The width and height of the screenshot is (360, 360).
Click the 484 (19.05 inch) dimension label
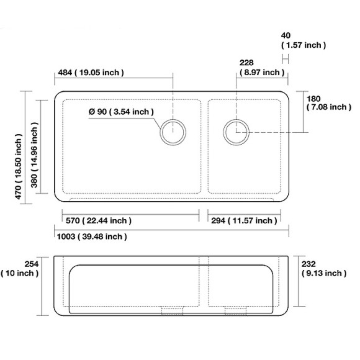(x=91, y=73)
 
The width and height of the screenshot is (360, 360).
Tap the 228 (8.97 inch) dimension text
(x=262, y=68)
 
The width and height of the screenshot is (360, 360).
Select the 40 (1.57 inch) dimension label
(x=304, y=40)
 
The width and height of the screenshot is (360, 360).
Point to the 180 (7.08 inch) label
(x=329, y=103)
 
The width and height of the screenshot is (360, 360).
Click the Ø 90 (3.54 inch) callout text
(x=121, y=112)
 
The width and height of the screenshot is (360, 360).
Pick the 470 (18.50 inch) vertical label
(x=19, y=167)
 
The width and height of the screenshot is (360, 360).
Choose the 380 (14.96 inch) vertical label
(x=34, y=155)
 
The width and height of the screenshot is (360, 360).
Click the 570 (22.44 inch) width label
(x=99, y=220)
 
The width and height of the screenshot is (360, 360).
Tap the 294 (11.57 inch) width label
(x=244, y=220)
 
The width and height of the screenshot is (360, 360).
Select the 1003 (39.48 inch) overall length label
(x=92, y=236)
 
